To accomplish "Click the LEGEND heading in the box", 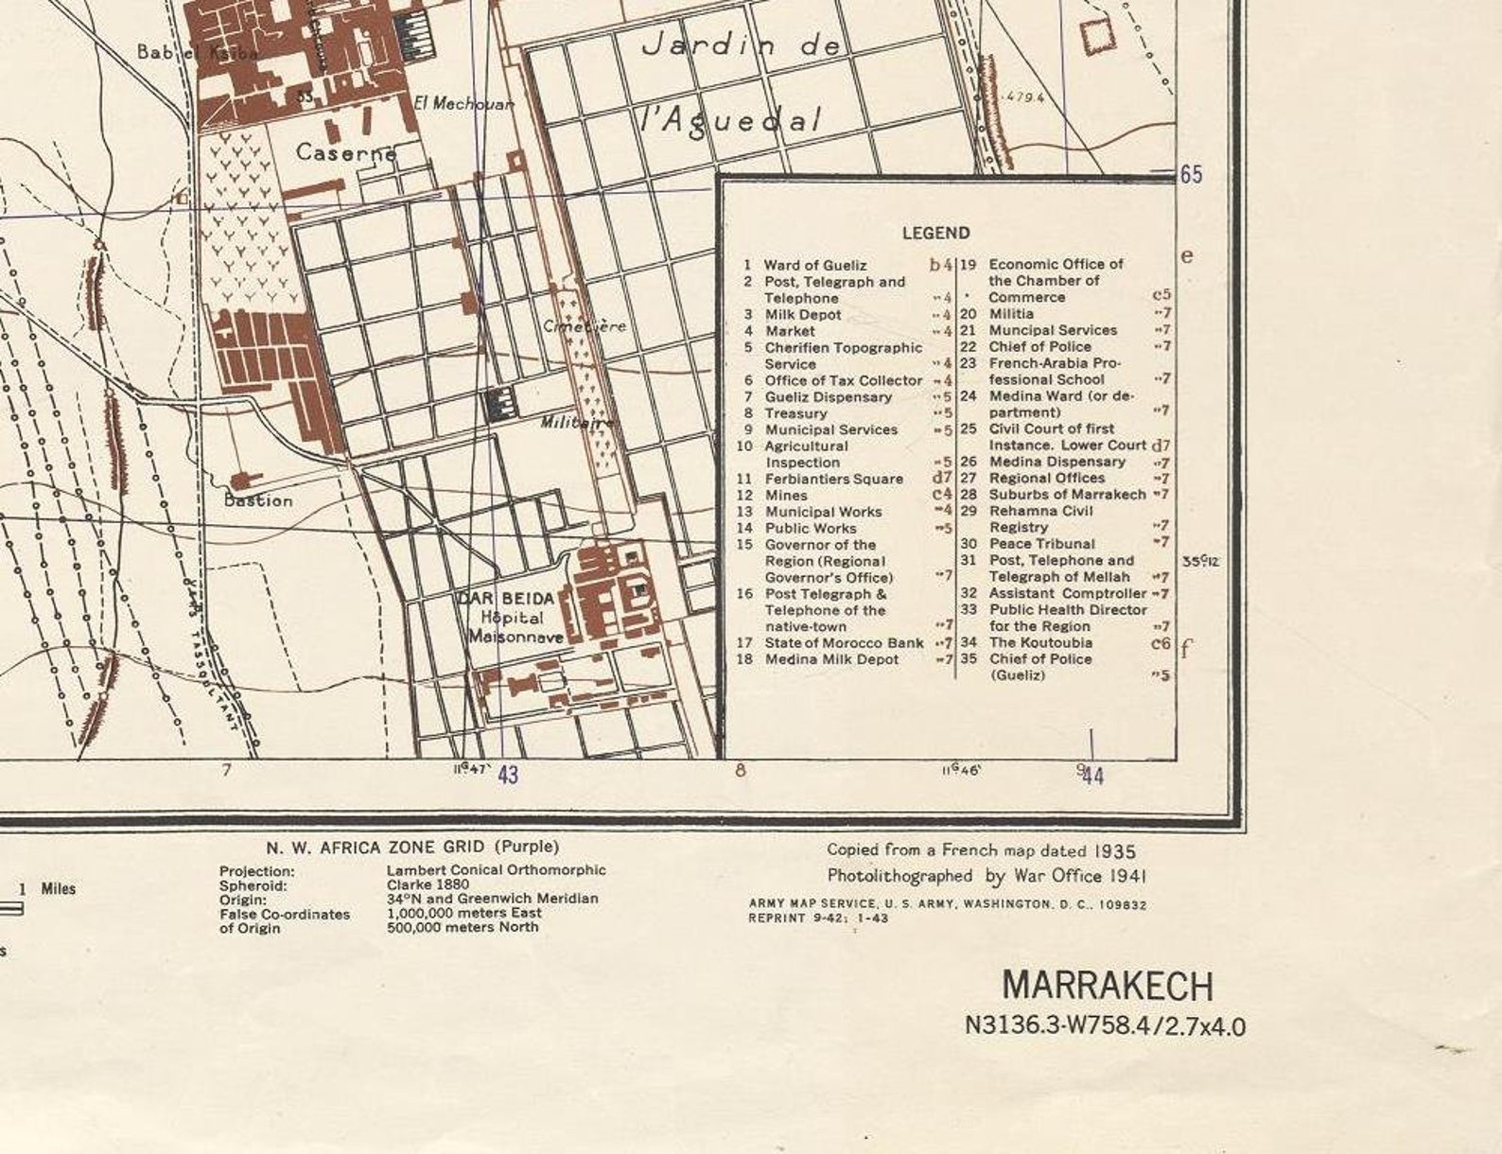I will pos(935,233).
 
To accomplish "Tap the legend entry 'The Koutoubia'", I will pos(1040,642).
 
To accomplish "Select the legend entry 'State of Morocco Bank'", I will pos(844,642).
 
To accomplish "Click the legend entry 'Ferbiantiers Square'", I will pos(833,479).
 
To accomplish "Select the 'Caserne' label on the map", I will pos(345,151).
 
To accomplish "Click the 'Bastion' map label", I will pos(258,500).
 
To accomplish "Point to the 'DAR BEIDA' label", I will pos(507,598).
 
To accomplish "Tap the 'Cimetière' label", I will pos(584,325).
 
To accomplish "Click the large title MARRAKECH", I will pos(1107,986).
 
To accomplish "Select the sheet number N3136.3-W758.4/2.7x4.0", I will pos(1105,1025).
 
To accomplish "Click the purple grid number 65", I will pos(1190,175).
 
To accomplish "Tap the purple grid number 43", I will pos(508,775).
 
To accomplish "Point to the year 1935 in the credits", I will pos(1117,850).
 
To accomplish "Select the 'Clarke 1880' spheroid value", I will pos(428,884).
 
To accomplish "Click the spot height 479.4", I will pos(1025,96).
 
